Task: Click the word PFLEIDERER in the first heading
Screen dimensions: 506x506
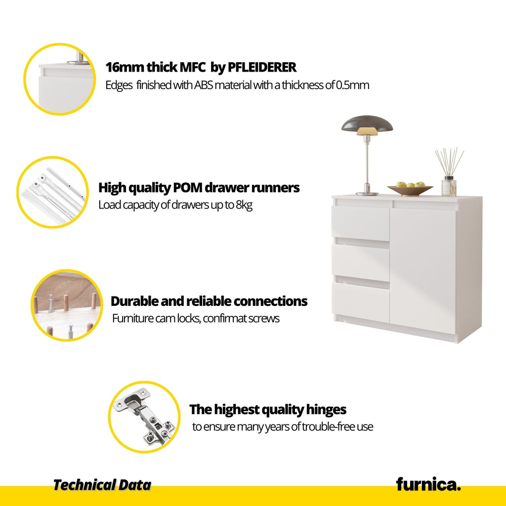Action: click(x=262, y=67)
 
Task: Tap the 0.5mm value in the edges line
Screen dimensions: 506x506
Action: click(x=352, y=85)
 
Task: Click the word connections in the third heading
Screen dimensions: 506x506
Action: click(x=270, y=301)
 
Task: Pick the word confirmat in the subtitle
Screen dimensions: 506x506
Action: click(x=225, y=319)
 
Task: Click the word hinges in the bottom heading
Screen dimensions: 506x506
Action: click(x=326, y=410)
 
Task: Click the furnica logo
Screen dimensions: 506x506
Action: click(x=428, y=484)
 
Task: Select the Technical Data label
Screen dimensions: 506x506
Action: click(x=102, y=485)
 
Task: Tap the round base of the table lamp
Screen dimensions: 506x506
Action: click(x=367, y=194)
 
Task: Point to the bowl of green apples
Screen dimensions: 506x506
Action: click(x=410, y=188)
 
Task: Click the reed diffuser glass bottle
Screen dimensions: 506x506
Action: click(x=449, y=186)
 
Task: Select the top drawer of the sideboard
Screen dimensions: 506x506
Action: click(x=360, y=223)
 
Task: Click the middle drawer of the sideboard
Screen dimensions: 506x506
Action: click(x=360, y=262)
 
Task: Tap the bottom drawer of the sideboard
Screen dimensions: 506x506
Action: click(x=360, y=302)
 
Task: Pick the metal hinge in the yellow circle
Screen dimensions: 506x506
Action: click(x=144, y=416)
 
